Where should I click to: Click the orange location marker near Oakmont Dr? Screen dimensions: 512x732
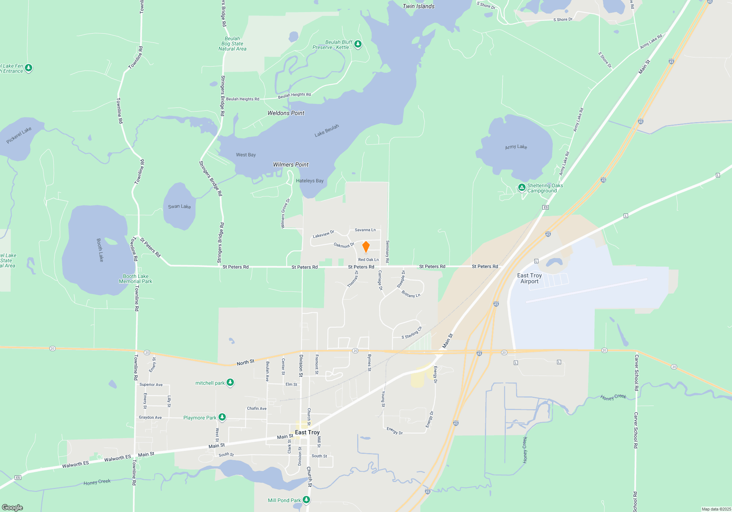pyautogui.click(x=366, y=247)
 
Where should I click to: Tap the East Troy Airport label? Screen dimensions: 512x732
pyautogui.click(x=529, y=278)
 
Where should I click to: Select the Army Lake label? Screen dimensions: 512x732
pyautogui.click(x=516, y=147)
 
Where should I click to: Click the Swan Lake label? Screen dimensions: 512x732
pyautogui.click(x=179, y=207)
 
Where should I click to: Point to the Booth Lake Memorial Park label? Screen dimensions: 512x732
pyautogui.click(x=135, y=279)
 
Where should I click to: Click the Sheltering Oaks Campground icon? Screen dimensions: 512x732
pyautogui.click(x=522, y=188)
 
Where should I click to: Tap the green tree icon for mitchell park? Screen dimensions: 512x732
pyautogui.click(x=230, y=383)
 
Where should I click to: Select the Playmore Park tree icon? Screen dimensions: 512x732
pyautogui.click(x=222, y=417)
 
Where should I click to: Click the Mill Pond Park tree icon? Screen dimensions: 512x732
pyautogui.click(x=306, y=500)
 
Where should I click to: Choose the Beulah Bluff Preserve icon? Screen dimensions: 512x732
pyautogui.click(x=358, y=44)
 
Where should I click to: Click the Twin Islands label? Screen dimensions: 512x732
pyautogui.click(x=418, y=6)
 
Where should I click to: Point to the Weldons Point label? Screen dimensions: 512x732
pyautogui.click(x=286, y=113)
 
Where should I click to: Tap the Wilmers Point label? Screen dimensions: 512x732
pyautogui.click(x=291, y=165)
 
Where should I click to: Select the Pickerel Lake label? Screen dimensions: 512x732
pyautogui.click(x=19, y=135)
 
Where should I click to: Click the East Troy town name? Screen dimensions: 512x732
pyautogui.click(x=307, y=432)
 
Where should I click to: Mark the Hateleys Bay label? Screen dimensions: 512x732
pyautogui.click(x=310, y=181)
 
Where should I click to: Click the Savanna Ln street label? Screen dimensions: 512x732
pyautogui.click(x=365, y=230)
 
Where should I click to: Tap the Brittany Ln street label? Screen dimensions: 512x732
pyautogui.click(x=411, y=294)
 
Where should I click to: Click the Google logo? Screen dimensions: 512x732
pyautogui.click(x=12, y=508)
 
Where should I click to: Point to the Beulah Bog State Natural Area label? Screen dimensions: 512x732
pyautogui.click(x=232, y=44)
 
